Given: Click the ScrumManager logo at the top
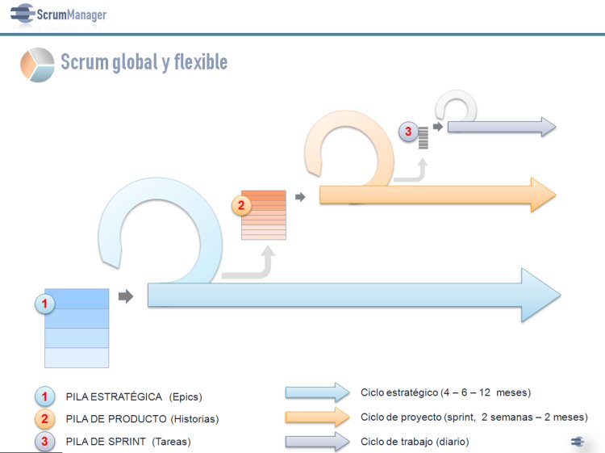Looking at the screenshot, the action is click(58, 15).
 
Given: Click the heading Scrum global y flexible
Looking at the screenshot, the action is click(144, 62).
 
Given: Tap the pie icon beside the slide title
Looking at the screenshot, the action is click(37, 65).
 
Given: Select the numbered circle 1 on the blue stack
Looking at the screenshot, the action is click(44, 304).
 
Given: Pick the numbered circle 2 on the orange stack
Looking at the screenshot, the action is click(241, 205).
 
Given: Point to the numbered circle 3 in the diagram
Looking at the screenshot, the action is click(408, 132).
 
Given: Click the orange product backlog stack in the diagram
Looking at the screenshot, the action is click(264, 215).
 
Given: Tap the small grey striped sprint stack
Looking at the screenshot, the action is click(423, 138).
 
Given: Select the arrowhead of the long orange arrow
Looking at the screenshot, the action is click(543, 195).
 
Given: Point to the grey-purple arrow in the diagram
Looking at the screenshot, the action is click(502, 127).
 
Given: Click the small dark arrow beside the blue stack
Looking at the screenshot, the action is click(126, 296).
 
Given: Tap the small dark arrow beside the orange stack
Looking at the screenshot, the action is click(300, 197).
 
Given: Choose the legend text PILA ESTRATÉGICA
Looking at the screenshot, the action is click(114, 397).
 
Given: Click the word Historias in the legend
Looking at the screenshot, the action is click(195, 419).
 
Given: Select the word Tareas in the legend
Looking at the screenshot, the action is click(171, 442).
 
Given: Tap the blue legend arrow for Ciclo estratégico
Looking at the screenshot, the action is click(318, 392).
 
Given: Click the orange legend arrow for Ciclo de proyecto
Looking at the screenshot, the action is click(318, 417).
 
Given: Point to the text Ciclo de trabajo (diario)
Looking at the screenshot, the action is click(415, 442).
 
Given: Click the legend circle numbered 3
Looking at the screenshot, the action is click(44, 442).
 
